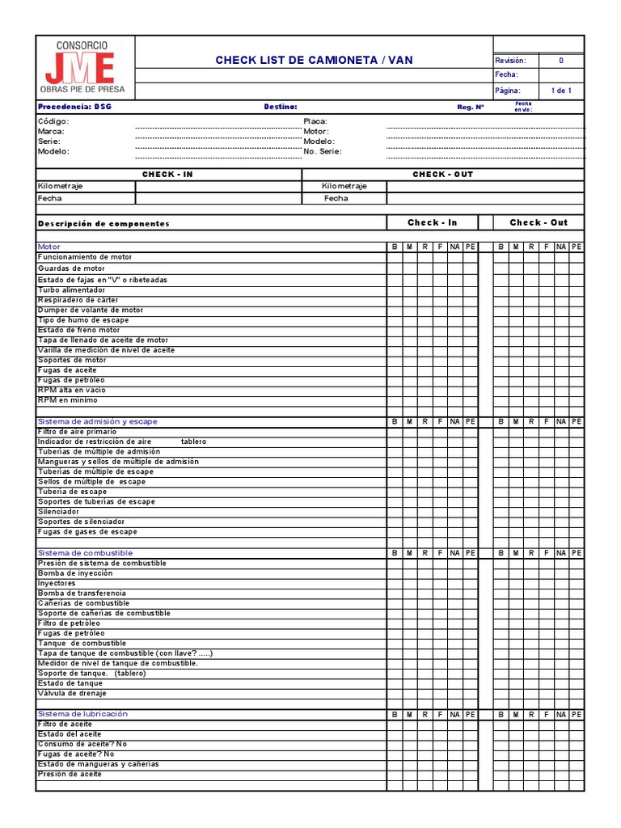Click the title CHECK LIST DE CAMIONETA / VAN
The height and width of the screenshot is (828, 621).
[x=313, y=61]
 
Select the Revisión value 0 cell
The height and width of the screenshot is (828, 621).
[x=561, y=61]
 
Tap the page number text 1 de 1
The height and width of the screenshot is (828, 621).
[x=561, y=91]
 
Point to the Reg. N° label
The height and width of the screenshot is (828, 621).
[x=470, y=107]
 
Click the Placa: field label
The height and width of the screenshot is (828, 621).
[x=315, y=121]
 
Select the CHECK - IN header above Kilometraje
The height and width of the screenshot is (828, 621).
[x=167, y=175]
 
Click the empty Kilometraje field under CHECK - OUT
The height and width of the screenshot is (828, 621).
[x=484, y=186]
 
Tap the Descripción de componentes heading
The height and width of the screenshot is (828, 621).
[x=103, y=223]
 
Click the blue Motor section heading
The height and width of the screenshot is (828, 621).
[x=49, y=247]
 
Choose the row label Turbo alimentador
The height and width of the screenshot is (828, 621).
[x=71, y=289]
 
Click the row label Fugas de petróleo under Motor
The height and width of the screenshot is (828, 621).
[x=71, y=380]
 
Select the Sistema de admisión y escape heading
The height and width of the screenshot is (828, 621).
[x=98, y=421]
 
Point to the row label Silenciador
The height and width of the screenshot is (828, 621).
[x=58, y=512]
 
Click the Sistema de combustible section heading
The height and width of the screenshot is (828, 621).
[x=85, y=552]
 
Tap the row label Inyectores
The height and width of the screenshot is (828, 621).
[x=57, y=583]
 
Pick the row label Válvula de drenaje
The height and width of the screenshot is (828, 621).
[x=72, y=693]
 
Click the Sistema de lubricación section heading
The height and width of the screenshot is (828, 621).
[x=82, y=714]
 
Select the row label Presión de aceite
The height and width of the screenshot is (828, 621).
[x=70, y=774]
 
